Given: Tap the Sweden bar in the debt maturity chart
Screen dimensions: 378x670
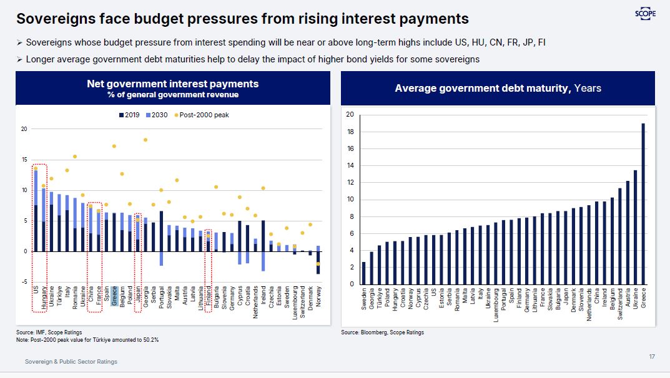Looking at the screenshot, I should [x=363, y=273].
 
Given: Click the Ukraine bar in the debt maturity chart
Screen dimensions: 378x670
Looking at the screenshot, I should [x=636, y=227].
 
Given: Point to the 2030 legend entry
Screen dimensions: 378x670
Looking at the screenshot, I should [x=155, y=115].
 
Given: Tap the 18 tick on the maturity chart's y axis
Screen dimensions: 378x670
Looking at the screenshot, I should [x=350, y=132].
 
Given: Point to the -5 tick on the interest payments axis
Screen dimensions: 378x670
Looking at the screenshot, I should [x=24, y=282].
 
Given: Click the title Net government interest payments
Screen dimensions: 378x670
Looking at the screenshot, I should [x=172, y=84].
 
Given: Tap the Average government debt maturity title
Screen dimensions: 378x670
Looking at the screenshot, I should [x=498, y=89].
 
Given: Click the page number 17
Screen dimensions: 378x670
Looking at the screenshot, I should [x=652, y=356].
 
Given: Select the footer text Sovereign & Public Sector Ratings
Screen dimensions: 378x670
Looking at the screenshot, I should [x=71, y=361].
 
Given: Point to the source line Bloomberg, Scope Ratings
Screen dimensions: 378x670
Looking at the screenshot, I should [x=382, y=332].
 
